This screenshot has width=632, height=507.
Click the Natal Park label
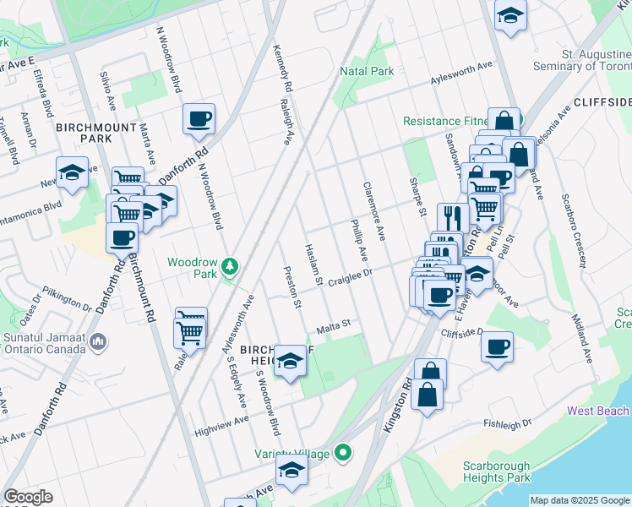click(x=367, y=71)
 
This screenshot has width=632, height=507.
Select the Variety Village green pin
click(x=342, y=453)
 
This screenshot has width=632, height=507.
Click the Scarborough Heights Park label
click(x=497, y=472)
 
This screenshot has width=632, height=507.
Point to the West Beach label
click(x=598, y=412)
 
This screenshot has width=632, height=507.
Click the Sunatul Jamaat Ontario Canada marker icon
click(x=100, y=342)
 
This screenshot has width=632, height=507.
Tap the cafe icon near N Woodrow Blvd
click(x=199, y=119)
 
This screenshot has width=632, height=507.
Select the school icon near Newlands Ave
click(x=73, y=173)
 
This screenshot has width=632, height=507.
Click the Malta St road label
click(x=333, y=327)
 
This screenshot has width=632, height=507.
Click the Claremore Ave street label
click(x=374, y=209)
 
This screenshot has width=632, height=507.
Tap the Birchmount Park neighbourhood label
click(x=84, y=132)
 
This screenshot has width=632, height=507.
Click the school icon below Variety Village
click(x=292, y=472)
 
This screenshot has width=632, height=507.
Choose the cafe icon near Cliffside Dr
click(x=497, y=346)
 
